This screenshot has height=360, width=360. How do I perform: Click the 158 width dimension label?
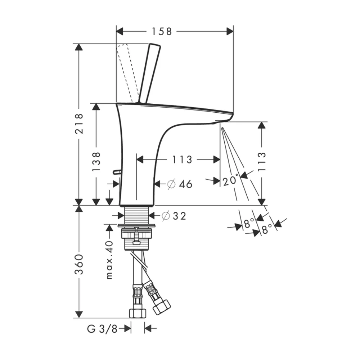[162, 32]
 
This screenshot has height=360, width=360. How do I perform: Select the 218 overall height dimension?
[79, 123]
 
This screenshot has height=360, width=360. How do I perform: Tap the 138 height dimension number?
[96, 161]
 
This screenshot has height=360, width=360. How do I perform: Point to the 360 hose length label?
[79, 264]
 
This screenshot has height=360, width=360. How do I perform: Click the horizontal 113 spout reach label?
[182, 159]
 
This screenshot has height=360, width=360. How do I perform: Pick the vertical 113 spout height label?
[261, 161]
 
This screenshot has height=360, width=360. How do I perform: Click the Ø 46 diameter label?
[180, 184]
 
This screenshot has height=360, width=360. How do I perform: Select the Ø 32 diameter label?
[174, 216]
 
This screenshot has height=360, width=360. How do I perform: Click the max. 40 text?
[109, 260]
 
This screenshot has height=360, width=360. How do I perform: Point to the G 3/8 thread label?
[102, 329]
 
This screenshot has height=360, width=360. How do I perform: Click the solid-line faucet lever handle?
[149, 73]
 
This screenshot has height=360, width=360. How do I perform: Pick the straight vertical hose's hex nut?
[138, 313]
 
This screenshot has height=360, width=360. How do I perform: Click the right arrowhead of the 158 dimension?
[230, 31]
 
